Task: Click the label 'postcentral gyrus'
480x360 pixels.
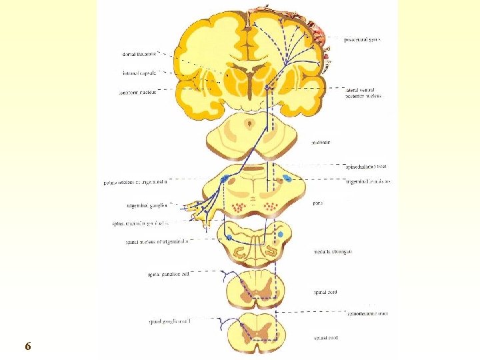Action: pyautogui.click(x=362, y=39)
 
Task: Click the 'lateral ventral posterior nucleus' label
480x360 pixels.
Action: pyautogui.click(x=363, y=93)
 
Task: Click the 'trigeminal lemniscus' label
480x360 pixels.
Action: pyautogui.click(x=369, y=181)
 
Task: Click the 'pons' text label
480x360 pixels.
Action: pyautogui.click(x=318, y=203)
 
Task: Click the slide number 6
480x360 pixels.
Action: pyautogui.click(x=27, y=346)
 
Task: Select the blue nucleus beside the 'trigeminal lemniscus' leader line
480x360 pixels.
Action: pyautogui.click(x=287, y=178)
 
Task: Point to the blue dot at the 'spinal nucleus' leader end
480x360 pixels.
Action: pyautogui.click(x=229, y=237)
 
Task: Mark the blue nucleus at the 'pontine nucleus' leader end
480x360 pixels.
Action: pyautogui.click(x=225, y=179)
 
